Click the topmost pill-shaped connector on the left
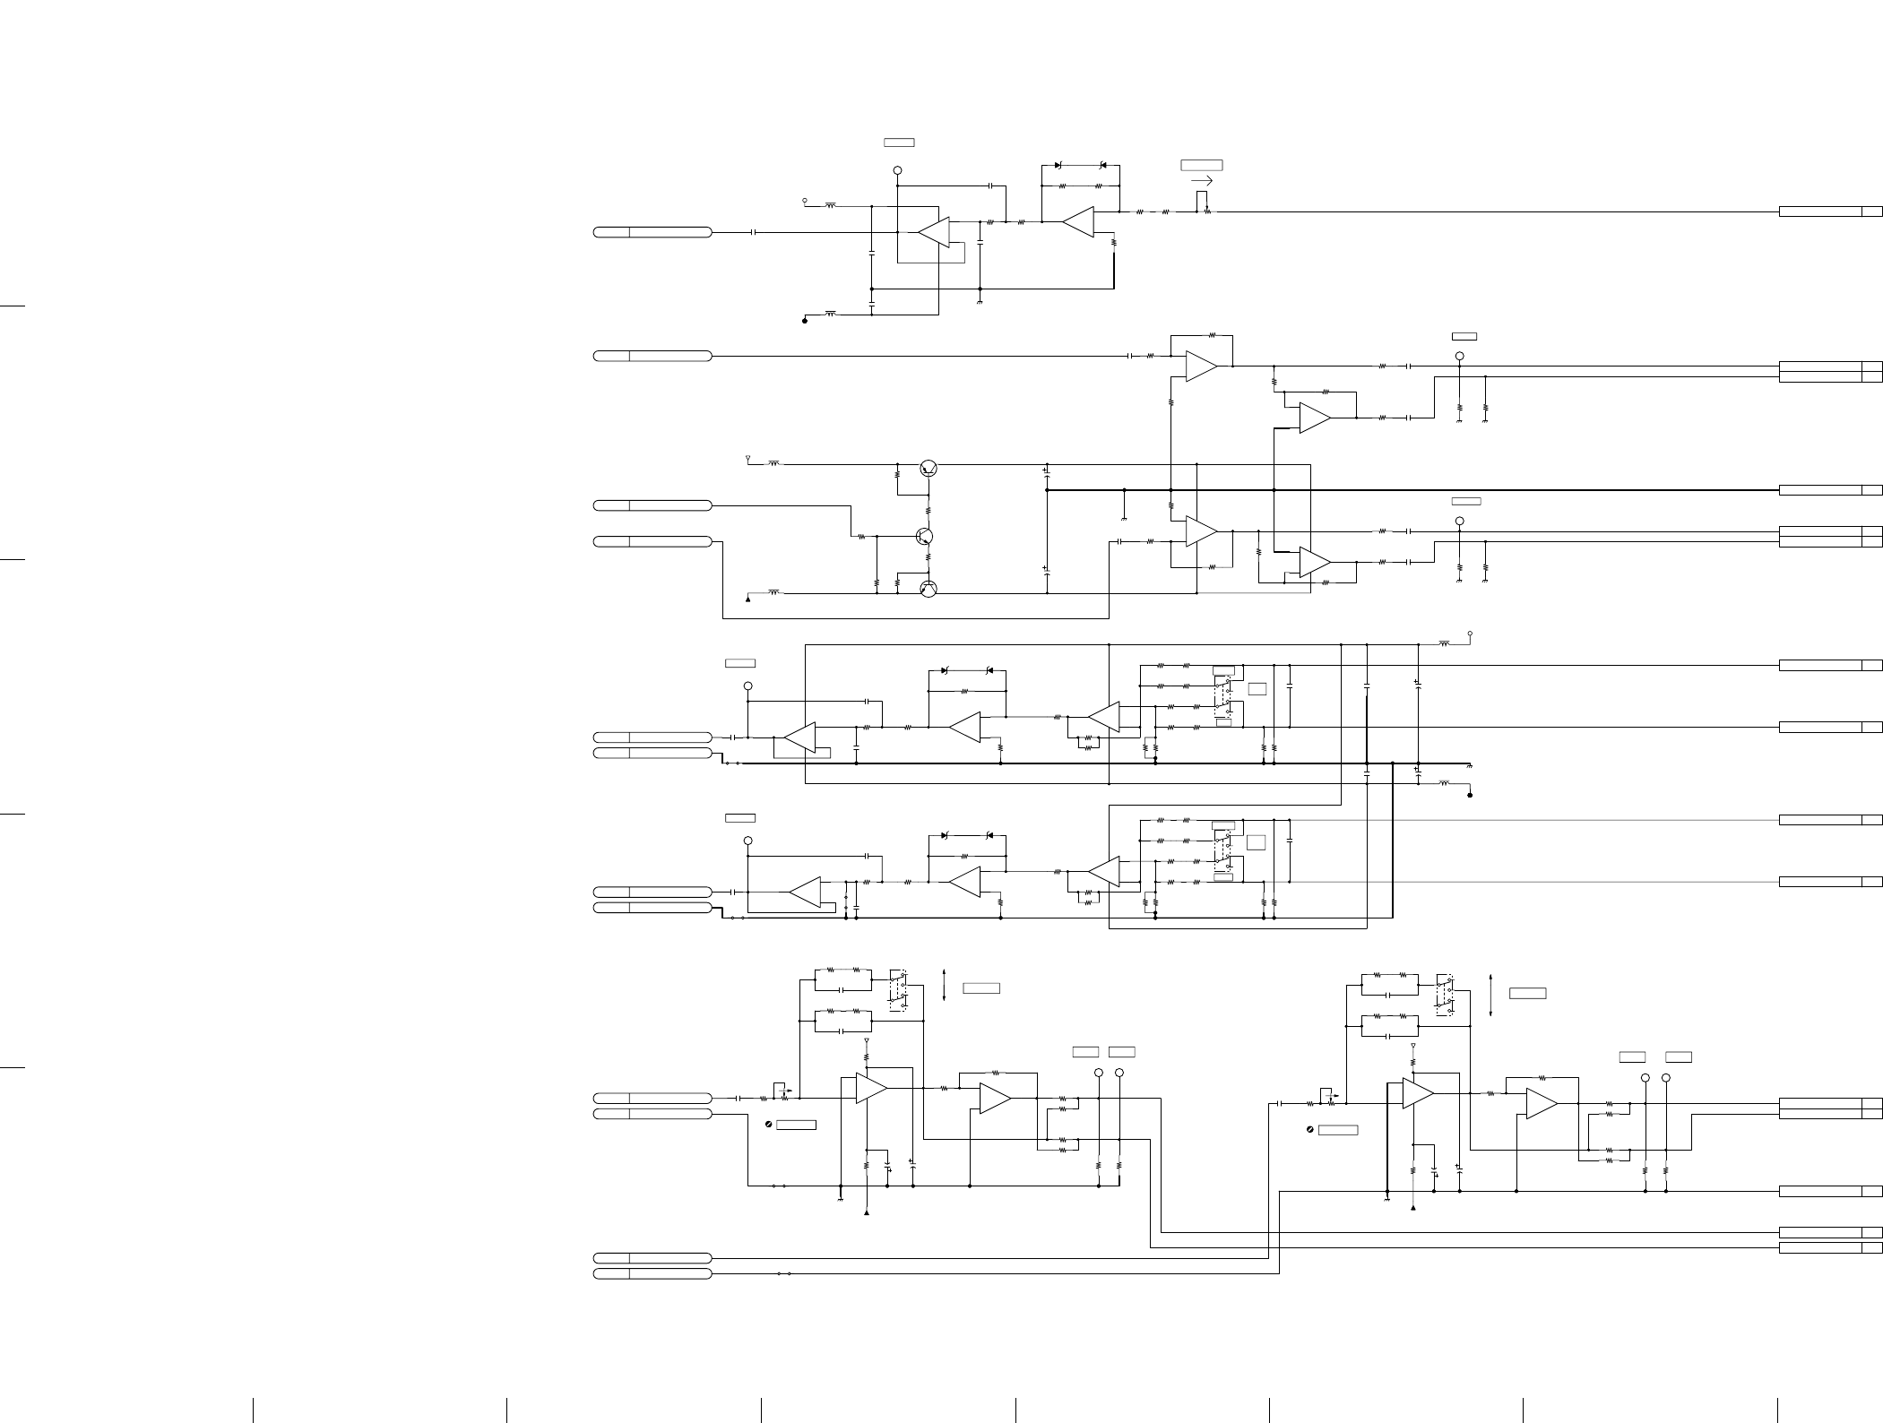pos(652,232)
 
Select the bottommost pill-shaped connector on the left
pos(652,1273)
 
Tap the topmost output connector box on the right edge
pos(1830,211)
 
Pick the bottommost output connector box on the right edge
pos(1830,1247)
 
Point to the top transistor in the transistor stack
pos(929,468)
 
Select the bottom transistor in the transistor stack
pos(929,589)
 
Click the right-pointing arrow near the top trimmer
pos(1203,181)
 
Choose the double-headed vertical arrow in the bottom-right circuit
pos(1490,995)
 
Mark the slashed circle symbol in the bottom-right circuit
pos(1311,1130)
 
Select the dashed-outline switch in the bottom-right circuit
pos(1444,994)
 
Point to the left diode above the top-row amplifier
pos(1058,166)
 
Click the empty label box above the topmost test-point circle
pos(899,142)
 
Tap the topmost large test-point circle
pos(897,170)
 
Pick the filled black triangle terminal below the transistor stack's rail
pos(748,599)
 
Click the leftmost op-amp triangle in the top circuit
pos(934,232)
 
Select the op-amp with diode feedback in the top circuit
pos(1078,221)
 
